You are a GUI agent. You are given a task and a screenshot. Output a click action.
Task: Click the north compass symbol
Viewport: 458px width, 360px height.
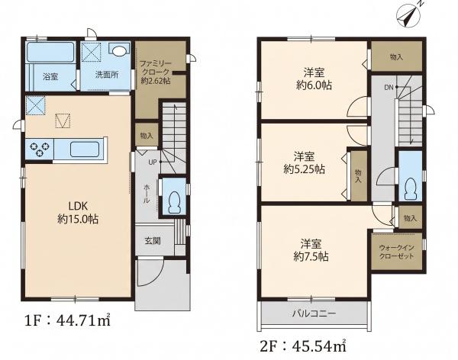[409, 16]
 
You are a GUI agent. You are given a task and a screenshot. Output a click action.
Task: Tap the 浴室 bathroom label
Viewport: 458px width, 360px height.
[50, 77]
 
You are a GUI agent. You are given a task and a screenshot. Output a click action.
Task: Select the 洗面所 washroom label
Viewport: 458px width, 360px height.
[107, 75]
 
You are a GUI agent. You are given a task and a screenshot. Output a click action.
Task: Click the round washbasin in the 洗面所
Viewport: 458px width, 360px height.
[119, 51]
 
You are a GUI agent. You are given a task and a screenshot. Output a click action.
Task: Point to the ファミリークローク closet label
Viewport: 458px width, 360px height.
[155, 72]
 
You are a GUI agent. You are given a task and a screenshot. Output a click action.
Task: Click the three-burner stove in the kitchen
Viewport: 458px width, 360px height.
[40, 149]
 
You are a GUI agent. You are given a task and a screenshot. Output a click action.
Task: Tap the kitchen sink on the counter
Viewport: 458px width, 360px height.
[85, 149]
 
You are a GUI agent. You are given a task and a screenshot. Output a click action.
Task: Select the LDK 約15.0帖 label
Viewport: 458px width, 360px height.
[78, 213]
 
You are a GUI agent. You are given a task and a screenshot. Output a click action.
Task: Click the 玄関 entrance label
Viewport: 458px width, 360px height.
[153, 241]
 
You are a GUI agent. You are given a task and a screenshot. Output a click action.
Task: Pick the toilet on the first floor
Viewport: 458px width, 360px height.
[175, 202]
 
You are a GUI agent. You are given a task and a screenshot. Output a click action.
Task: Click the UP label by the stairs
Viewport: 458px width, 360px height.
[153, 162]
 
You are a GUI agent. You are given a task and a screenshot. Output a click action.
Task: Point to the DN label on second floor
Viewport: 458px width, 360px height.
[389, 87]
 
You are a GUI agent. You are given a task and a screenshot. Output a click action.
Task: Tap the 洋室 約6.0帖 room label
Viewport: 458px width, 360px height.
[314, 79]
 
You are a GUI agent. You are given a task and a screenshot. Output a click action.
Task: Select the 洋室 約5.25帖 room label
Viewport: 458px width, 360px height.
[304, 163]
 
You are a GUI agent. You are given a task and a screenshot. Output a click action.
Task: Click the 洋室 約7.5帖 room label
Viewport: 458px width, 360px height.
[311, 249]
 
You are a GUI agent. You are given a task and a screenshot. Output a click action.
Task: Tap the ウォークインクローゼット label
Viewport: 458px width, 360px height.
[396, 252]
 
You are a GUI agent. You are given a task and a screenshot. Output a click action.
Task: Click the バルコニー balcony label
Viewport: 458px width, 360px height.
[314, 313]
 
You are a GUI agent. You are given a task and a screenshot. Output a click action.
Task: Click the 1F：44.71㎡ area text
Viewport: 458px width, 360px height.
[67, 320]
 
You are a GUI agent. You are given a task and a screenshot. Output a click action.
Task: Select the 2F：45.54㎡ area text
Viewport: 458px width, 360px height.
[303, 346]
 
